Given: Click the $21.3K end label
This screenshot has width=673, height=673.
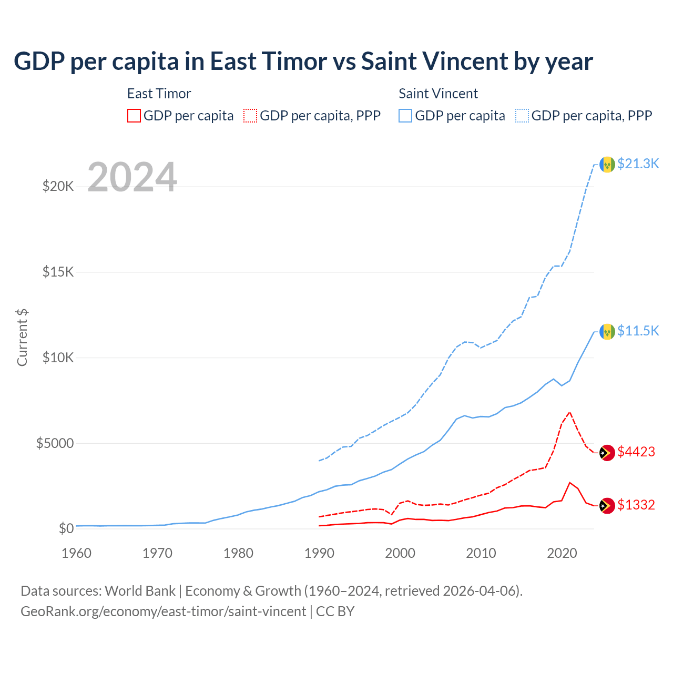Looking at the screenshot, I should (x=638, y=164).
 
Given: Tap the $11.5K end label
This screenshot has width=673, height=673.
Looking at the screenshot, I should (x=638, y=331).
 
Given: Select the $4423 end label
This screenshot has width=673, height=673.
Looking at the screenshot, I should (x=636, y=452).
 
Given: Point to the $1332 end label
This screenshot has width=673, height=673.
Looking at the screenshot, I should (x=636, y=505).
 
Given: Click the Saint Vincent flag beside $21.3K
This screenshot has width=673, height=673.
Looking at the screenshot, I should (x=607, y=165).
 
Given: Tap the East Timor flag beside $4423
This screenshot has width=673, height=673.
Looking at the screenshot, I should (x=607, y=453).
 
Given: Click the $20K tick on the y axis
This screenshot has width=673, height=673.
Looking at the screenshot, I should (x=58, y=187).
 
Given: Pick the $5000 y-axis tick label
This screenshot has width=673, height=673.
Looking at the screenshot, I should (x=55, y=443).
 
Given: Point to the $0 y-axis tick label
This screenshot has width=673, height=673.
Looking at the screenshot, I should (x=66, y=529).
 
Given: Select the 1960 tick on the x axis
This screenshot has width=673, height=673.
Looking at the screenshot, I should (x=76, y=554).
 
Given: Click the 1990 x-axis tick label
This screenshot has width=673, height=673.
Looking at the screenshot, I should (x=319, y=554).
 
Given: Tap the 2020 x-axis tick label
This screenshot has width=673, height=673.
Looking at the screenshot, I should (x=562, y=554).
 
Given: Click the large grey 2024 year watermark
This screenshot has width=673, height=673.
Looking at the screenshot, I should (x=132, y=178).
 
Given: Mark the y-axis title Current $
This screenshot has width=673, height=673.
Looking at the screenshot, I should (x=22, y=338).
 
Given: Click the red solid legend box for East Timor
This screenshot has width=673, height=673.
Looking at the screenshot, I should (x=134, y=116).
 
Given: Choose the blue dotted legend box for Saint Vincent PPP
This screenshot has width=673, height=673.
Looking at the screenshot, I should (x=522, y=116).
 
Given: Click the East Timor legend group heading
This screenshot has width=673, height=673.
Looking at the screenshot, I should (x=159, y=94).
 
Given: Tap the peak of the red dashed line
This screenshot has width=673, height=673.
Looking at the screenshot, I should (x=569, y=412).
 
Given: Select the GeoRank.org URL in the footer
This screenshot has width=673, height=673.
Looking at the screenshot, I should (x=163, y=611).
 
